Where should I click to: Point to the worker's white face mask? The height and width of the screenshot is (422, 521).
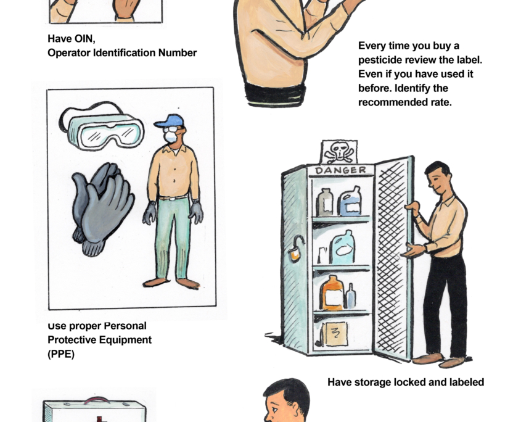(x=171, y=136)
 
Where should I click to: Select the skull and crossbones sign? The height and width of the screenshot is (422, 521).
(x=339, y=152)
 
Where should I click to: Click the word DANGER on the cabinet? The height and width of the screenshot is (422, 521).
(x=340, y=171)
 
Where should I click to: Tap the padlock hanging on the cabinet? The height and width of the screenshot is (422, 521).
(x=296, y=249)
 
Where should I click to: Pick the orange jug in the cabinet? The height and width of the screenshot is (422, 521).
(x=331, y=293)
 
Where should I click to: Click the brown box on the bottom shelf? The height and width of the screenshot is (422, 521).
(x=335, y=334)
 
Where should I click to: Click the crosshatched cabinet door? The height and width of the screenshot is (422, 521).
(x=393, y=257)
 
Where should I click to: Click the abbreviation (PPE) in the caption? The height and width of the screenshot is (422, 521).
(x=61, y=354)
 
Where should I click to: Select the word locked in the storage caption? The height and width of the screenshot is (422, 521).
(x=409, y=382)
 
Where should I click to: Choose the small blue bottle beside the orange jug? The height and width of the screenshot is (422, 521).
(x=351, y=296)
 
